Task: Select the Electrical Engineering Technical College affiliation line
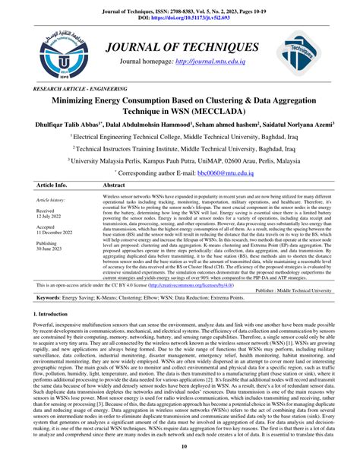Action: click(x=179, y=138)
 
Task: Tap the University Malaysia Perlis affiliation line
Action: click(x=179, y=161)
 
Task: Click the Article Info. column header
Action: click(x=52, y=185)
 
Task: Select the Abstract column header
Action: click(x=114, y=185)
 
